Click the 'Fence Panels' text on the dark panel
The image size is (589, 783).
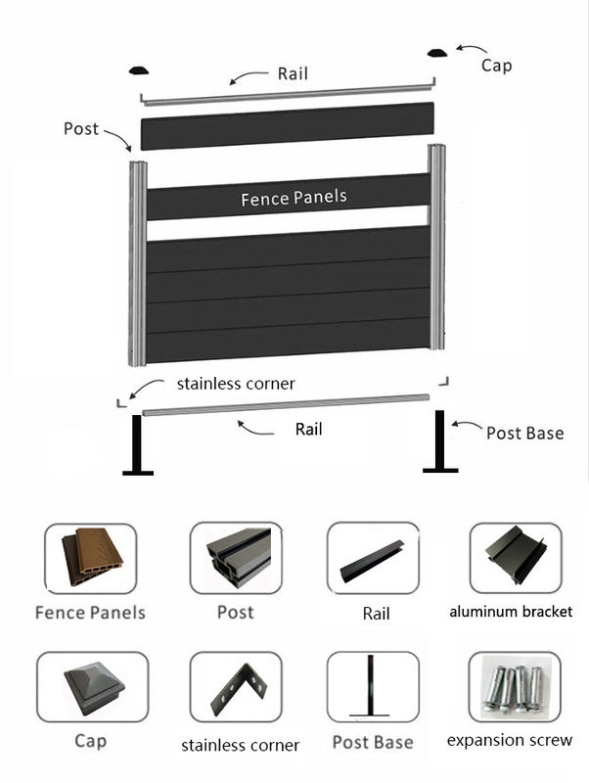(x=294, y=198)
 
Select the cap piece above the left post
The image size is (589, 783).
(x=140, y=69)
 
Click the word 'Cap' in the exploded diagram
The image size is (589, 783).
(x=496, y=66)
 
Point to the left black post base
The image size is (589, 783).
(x=138, y=445)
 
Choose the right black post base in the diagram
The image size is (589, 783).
(x=440, y=441)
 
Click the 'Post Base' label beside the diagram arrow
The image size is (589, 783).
(x=525, y=432)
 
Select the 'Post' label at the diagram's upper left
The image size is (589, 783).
(x=81, y=128)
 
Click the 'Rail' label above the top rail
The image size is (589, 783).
(x=293, y=73)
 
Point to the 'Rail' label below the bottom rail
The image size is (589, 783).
(x=308, y=429)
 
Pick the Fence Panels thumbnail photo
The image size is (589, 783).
(x=90, y=559)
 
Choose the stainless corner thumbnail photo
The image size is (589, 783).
(x=236, y=687)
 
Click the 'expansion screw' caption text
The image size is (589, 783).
(x=510, y=740)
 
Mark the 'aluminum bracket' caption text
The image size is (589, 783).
(x=511, y=612)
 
